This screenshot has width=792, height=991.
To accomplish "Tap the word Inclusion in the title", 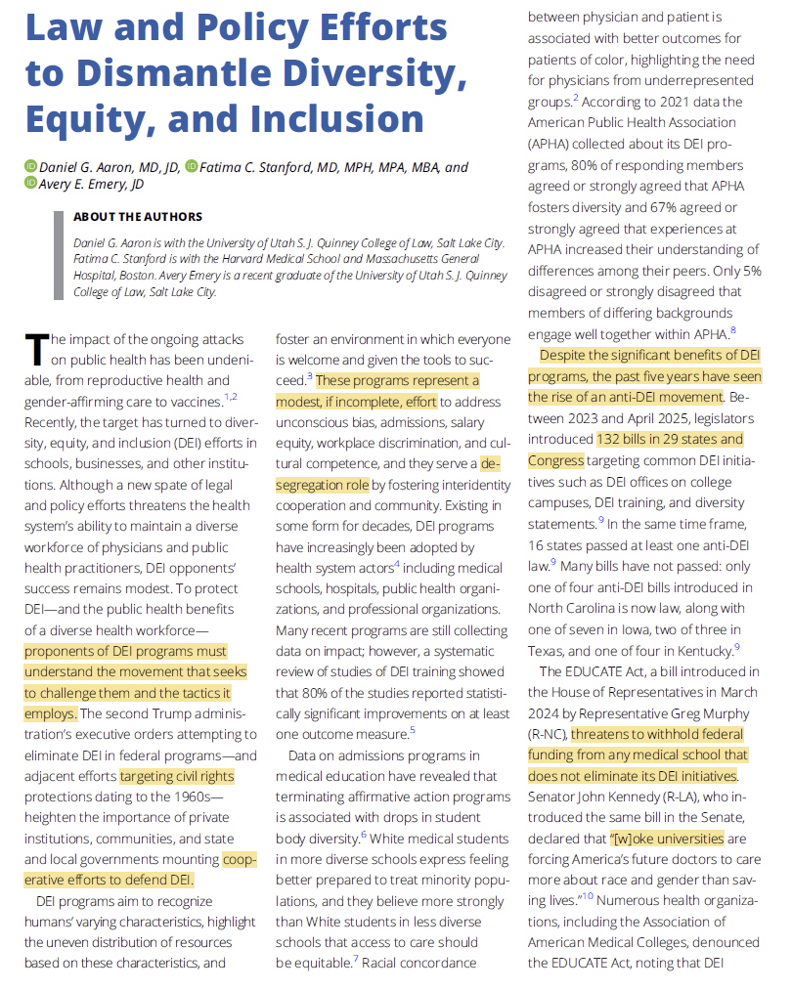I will [x=337, y=118].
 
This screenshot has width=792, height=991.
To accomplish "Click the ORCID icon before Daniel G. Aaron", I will [x=30, y=167].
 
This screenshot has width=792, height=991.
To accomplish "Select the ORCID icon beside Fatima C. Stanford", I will [x=192, y=167].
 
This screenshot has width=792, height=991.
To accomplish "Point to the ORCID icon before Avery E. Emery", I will [x=30, y=185].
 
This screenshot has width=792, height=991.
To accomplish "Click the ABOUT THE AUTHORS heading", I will [x=138, y=217].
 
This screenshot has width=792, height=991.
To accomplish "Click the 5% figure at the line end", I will [x=752, y=271].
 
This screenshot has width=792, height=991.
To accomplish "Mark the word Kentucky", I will [x=696, y=650].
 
